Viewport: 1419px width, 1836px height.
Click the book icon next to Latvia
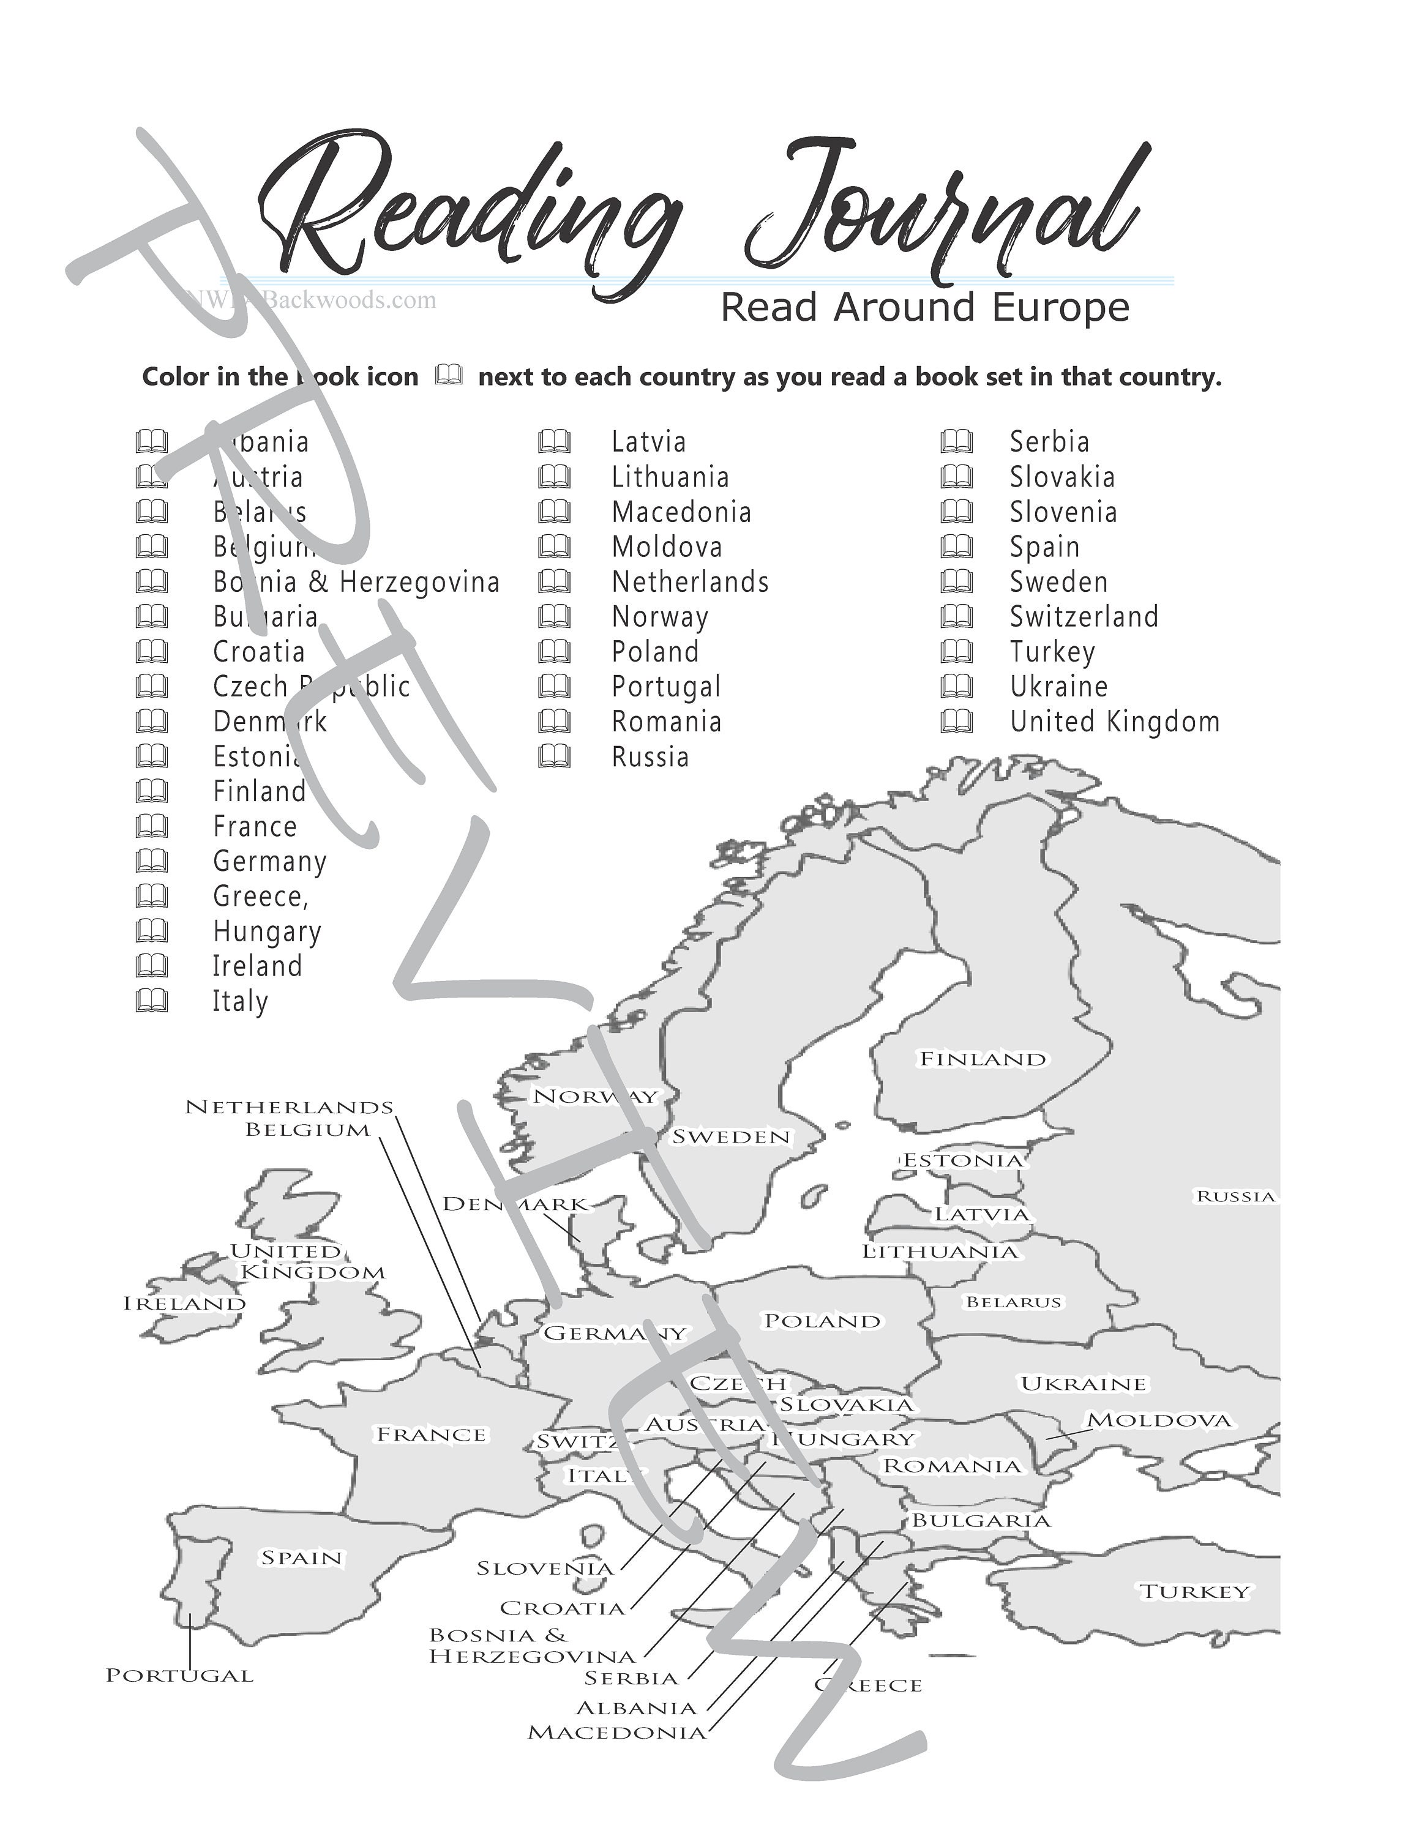tap(554, 441)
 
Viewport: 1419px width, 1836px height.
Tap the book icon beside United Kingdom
tap(957, 722)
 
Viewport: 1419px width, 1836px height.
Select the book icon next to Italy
tap(151, 1001)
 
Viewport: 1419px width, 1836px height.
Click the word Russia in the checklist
tap(650, 756)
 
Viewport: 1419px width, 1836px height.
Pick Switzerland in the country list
tap(1084, 616)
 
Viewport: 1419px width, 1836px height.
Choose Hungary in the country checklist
tap(266, 931)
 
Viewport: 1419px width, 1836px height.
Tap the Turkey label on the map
tap(1194, 1591)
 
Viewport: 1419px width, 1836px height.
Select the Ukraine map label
tap(1083, 1384)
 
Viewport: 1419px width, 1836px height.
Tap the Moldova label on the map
tap(1159, 1420)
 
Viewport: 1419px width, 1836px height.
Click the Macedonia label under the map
tap(617, 1733)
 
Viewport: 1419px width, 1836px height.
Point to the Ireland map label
tap(184, 1304)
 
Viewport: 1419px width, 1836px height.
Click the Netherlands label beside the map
tap(289, 1107)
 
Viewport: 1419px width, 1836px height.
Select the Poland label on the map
tap(822, 1321)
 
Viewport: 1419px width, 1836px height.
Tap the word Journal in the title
tap(942, 210)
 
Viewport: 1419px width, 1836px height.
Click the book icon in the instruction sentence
tap(449, 375)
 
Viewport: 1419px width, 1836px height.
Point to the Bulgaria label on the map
tap(980, 1520)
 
